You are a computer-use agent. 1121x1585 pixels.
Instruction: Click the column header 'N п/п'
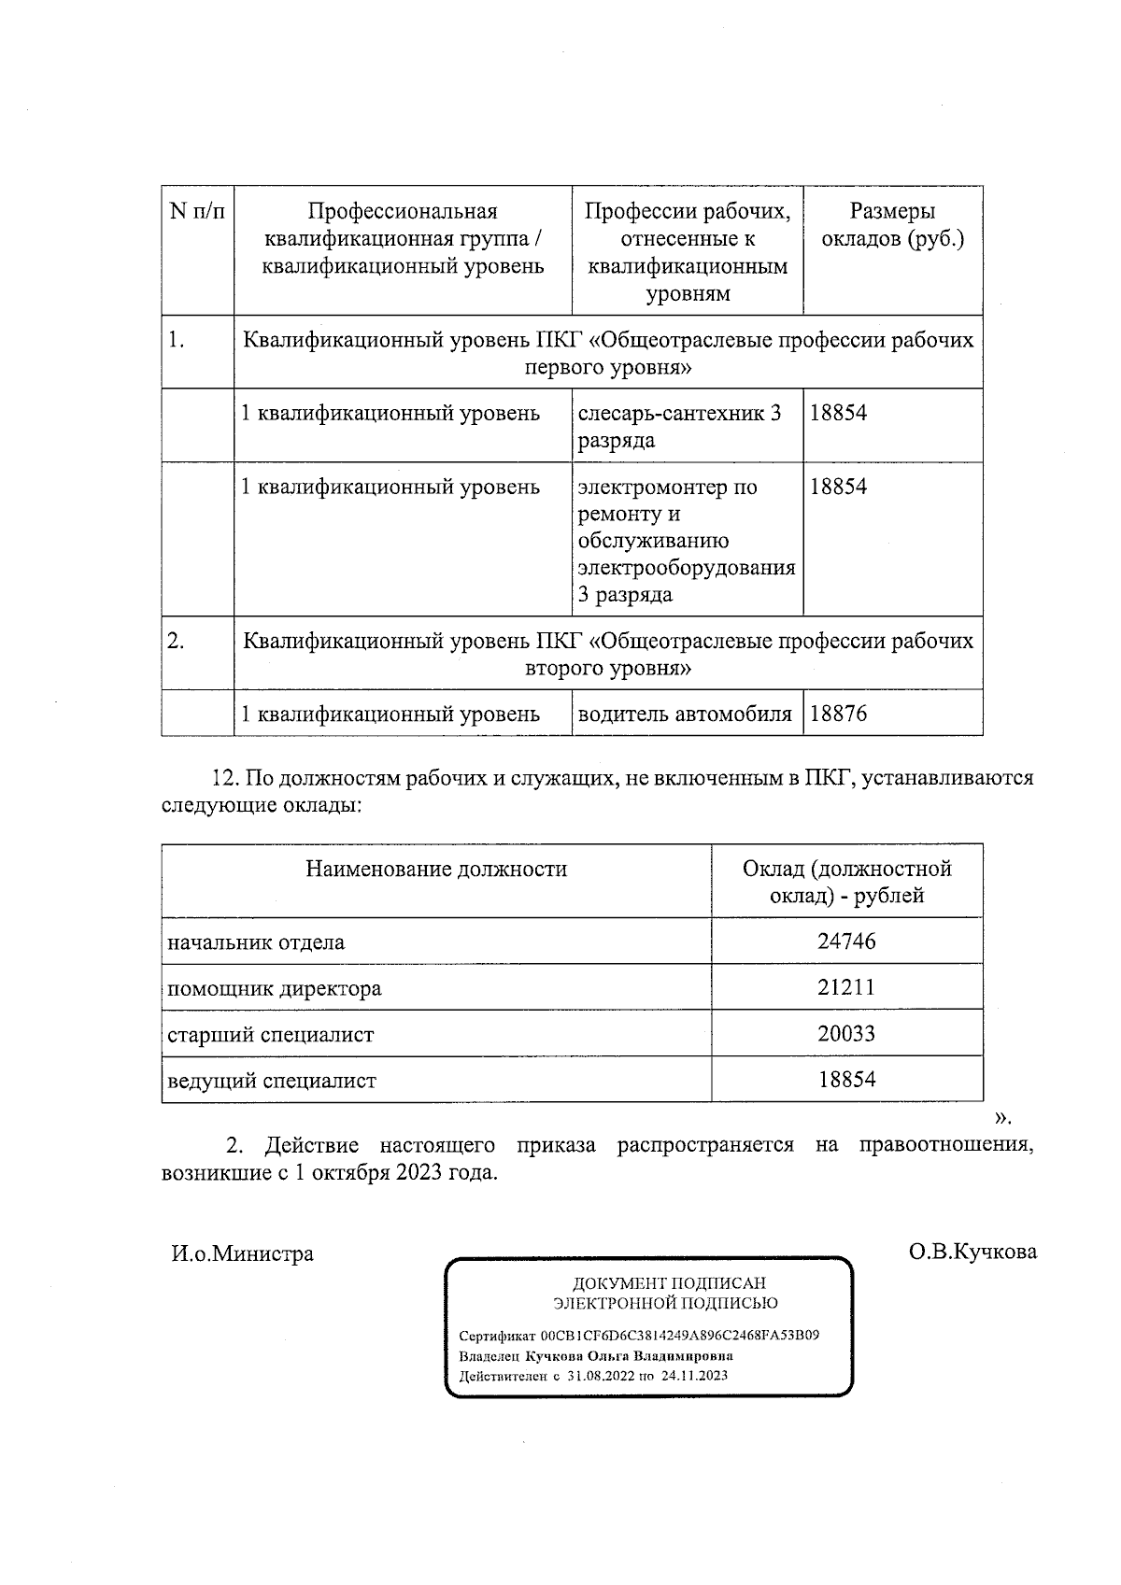(x=197, y=212)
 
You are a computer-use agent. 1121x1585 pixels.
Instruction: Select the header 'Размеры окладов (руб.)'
(x=892, y=225)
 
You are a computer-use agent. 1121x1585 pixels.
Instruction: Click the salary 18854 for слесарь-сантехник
(x=838, y=413)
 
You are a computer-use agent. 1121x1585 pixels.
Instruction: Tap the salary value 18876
(x=838, y=715)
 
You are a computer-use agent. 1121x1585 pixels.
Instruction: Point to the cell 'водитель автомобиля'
(x=685, y=715)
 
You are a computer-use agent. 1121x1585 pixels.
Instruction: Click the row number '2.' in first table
(x=176, y=642)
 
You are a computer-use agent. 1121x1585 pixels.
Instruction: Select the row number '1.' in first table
(x=176, y=341)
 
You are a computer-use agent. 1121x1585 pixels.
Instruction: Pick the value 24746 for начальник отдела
(x=846, y=941)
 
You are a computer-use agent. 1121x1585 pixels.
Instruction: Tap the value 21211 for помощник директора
(x=846, y=987)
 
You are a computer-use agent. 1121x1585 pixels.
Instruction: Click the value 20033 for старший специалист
(x=846, y=1034)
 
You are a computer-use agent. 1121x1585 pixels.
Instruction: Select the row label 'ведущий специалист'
(x=271, y=1082)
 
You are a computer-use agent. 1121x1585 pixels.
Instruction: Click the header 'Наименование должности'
(x=436, y=870)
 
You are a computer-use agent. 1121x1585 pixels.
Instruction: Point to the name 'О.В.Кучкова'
(x=972, y=1252)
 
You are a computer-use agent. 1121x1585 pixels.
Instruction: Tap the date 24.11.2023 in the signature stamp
(x=694, y=1376)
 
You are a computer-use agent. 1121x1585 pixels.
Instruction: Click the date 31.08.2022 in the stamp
(x=600, y=1376)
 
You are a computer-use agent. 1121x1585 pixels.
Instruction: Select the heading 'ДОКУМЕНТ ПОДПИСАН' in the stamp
(x=669, y=1284)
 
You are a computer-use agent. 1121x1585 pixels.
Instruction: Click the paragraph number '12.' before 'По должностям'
(x=228, y=778)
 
